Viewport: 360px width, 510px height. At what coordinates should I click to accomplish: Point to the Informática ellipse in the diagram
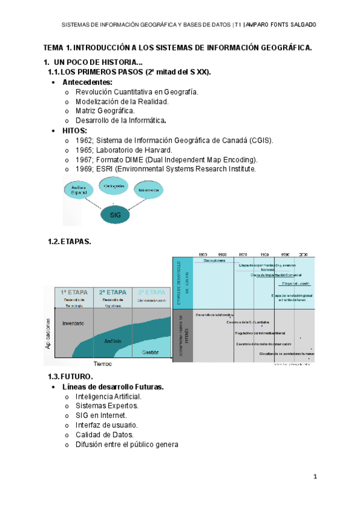(x=147, y=191)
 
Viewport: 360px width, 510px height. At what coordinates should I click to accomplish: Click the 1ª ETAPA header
(x=75, y=293)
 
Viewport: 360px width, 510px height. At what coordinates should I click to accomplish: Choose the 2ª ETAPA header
(x=112, y=293)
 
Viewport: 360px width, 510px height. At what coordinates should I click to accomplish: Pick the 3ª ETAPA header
(x=151, y=293)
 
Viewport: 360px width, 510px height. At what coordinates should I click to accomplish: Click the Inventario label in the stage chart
(x=73, y=324)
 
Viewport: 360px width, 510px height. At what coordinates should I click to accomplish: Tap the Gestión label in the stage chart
(x=150, y=352)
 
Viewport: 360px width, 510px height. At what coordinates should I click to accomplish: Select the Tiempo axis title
(x=102, y=364)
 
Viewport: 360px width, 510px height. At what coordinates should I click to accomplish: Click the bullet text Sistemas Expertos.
(x=107, y=406)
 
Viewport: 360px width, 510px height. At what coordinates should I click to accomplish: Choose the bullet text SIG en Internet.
(x=101, y=416)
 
